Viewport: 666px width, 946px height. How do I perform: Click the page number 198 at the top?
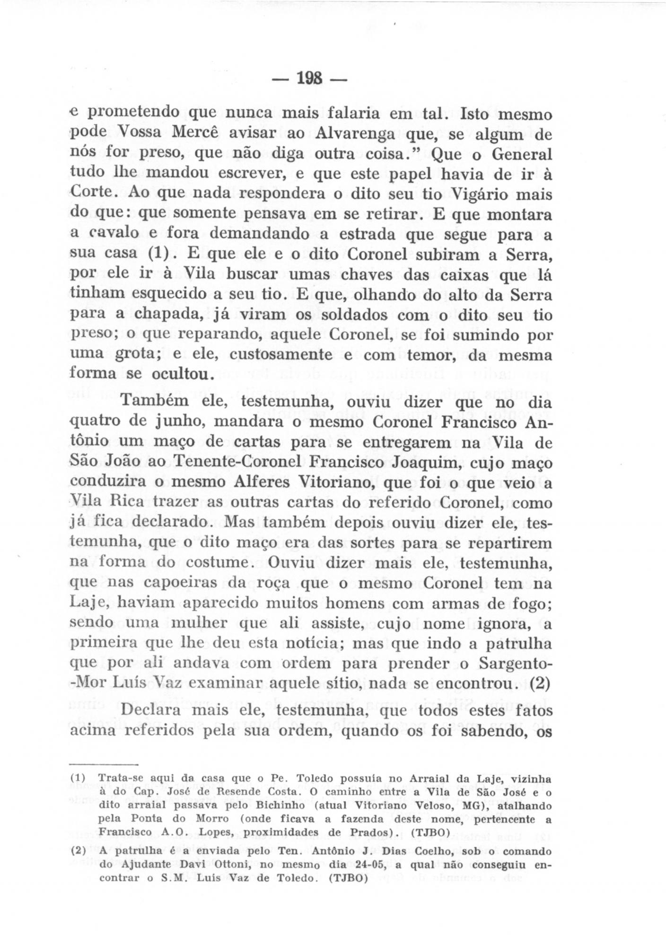310,77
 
